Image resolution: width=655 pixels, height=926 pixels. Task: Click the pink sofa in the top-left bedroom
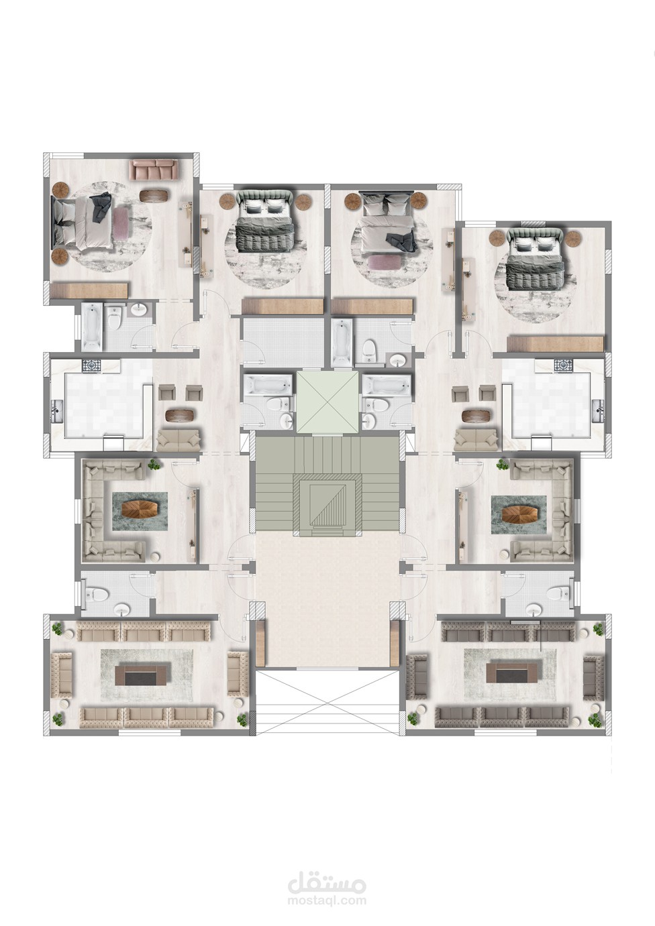[x=154, y=169]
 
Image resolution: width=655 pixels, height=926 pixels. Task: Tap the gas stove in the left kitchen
[x=89, y=365]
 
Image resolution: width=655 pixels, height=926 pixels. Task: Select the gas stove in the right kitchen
[x=563, y=365]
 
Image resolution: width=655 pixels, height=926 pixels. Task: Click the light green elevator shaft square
[x=327, y=402]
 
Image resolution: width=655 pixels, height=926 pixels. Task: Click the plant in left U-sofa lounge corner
[x=155, y=464]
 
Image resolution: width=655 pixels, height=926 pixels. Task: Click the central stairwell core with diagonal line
[x=327, y=506]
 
